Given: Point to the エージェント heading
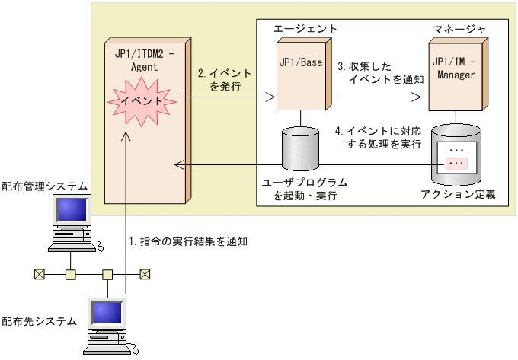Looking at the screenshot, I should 305,28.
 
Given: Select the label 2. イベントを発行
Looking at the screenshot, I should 225,81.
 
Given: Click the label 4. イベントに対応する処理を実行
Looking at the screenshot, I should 379,138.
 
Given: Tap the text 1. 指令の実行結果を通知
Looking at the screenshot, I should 188,241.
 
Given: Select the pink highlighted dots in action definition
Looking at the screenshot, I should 456,164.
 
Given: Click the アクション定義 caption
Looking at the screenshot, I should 459,195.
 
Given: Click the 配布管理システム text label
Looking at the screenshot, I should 45,186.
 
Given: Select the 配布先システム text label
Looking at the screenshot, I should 40,320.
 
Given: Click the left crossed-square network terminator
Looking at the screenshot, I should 38,274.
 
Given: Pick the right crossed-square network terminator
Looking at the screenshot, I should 145,274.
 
